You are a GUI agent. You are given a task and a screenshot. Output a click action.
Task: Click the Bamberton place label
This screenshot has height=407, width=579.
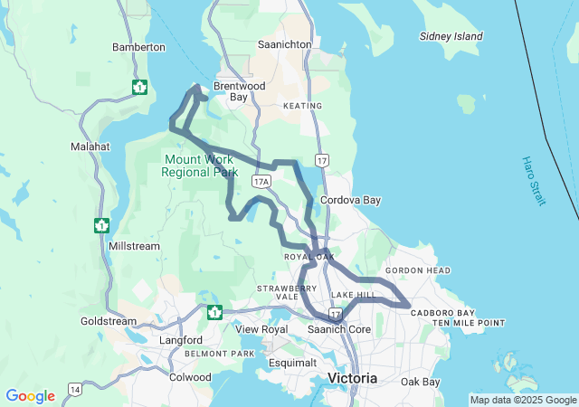[138, 47]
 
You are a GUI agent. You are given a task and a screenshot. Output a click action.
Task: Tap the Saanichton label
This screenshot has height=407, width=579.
[284, 43]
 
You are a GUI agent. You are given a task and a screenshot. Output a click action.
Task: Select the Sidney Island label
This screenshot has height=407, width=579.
[451, 36]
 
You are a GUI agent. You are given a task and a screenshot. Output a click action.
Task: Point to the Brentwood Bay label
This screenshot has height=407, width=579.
[231, 91]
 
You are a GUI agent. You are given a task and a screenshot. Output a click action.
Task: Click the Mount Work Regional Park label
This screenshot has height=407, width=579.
[200, 165]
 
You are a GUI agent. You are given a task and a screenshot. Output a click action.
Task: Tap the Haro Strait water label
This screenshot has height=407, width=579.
[533, 181]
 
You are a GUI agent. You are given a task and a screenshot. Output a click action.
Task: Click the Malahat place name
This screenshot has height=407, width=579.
[90, 146]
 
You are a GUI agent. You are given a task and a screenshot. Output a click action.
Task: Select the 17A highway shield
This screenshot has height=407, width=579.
[261, 182]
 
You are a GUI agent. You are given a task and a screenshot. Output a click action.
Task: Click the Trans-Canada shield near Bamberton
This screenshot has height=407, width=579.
[139, 87]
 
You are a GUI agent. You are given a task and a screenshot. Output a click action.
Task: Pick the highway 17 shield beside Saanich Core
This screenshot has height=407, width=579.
[335, 314]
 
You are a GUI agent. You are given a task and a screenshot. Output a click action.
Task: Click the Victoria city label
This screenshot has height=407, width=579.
[352, 377]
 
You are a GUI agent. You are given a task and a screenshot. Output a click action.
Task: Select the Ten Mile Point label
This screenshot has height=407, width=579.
[468, 323]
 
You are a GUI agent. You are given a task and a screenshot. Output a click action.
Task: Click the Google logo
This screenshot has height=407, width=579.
[30, 396]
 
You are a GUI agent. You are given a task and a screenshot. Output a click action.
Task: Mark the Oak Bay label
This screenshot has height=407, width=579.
[420, 382]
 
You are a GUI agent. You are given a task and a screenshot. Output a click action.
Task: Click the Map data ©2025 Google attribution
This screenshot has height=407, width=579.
[522, 400]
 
